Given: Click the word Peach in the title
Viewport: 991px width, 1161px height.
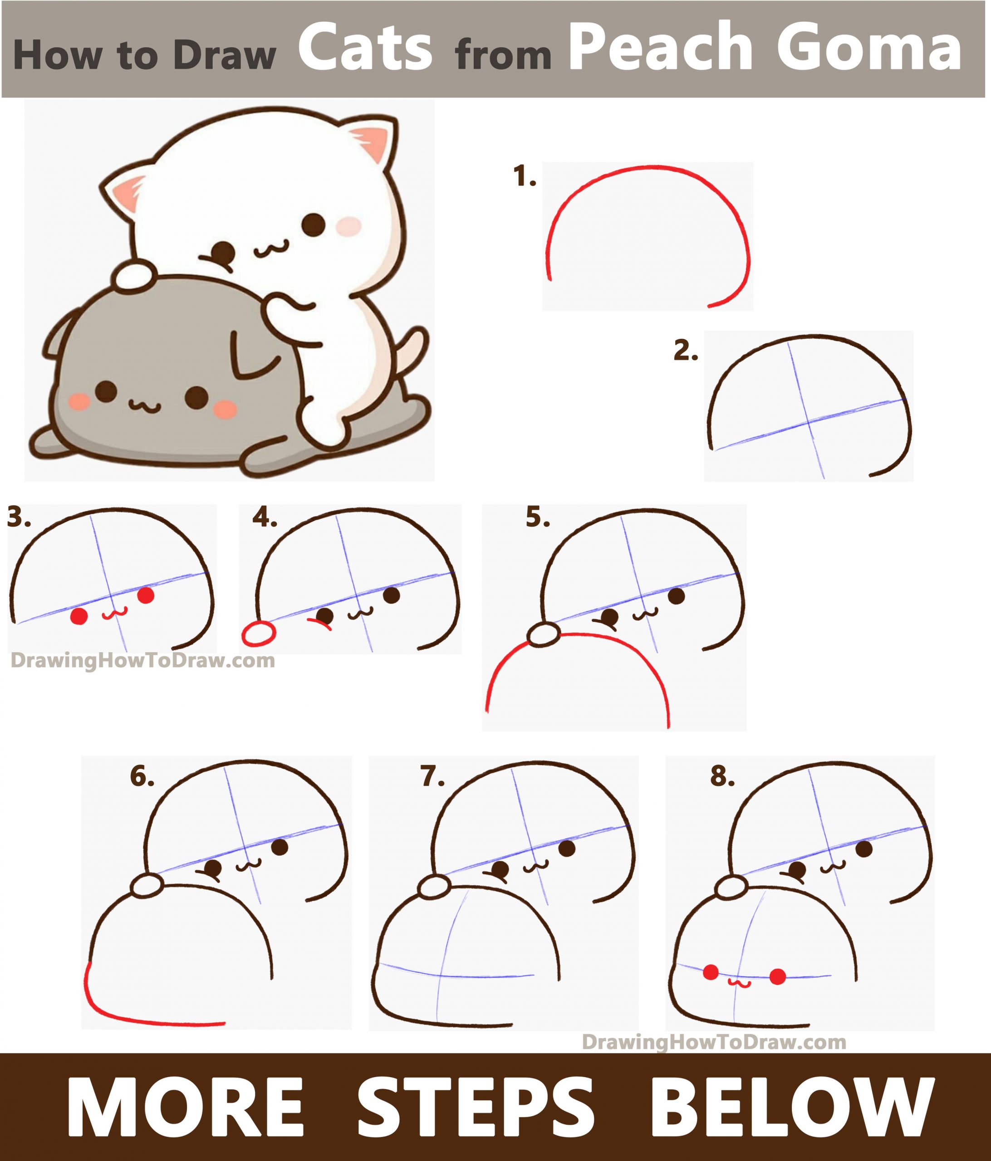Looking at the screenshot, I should pyautogui.click(x=660, y=49).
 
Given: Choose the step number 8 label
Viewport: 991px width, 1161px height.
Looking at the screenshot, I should pyautogui.click(x=722, y=777).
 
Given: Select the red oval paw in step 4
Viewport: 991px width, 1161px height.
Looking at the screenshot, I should pyautogui.click(x=258, y=634).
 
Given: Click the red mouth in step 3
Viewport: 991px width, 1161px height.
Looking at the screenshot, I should pyautogui.click(x=115, y=613).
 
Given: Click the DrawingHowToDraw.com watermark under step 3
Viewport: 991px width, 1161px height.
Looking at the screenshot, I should pyautogui.click(x=143, y=661).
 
